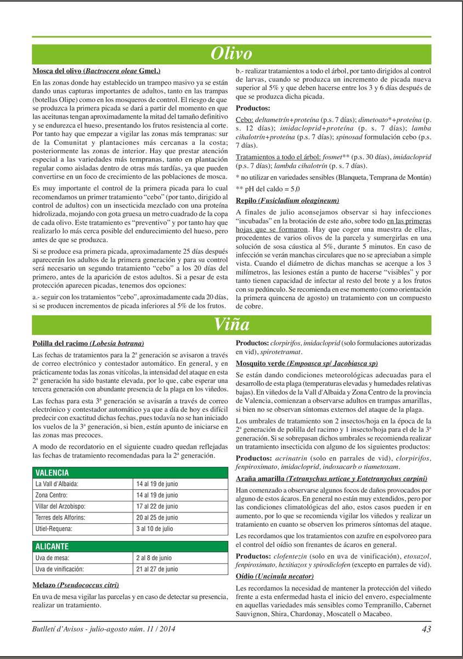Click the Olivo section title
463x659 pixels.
click(x=231, y=53)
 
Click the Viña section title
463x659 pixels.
click(x=231, y=325)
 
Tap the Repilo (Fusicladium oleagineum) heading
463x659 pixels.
click(x=287, y=200)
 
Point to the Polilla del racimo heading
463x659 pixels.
click(x=88, y=343)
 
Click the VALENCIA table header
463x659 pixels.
click(x=52, y=472)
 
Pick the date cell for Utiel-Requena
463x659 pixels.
click(x=155, y=529)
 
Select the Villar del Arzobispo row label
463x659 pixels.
click(x=60, y=506)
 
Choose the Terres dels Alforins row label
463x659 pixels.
click(x=59, y=517)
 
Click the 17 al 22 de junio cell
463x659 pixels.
click(x=157, y=506)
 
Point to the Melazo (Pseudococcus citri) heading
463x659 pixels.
click(x=76, y=584)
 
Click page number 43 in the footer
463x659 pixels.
click(x=426, y=629)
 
